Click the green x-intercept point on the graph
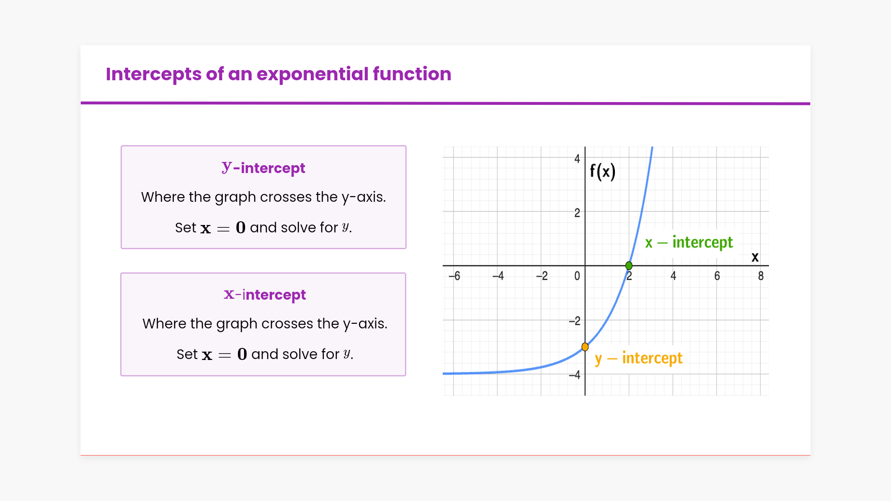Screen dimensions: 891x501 point(629,266)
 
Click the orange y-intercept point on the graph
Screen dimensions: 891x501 point(585,347)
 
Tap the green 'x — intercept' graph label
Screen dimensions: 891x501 point(689,243)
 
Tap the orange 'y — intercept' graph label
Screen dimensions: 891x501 point(639,359)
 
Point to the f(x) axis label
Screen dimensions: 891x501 point(603,172)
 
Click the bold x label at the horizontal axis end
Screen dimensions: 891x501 point(755,257)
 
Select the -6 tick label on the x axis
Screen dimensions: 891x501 point(454,276)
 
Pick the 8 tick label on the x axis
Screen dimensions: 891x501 point(761,276)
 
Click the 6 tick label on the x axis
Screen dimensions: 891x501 point(717,276)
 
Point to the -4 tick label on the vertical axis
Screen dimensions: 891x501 point(575,375)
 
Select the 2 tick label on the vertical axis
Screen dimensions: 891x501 point(577,213)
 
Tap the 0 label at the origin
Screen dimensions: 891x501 point(577,276)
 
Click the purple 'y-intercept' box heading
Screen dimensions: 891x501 point(264,168)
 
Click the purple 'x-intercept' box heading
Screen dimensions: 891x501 point(265,295)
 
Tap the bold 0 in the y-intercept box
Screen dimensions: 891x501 point(240,227)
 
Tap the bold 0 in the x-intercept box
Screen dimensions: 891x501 point(242,354)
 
